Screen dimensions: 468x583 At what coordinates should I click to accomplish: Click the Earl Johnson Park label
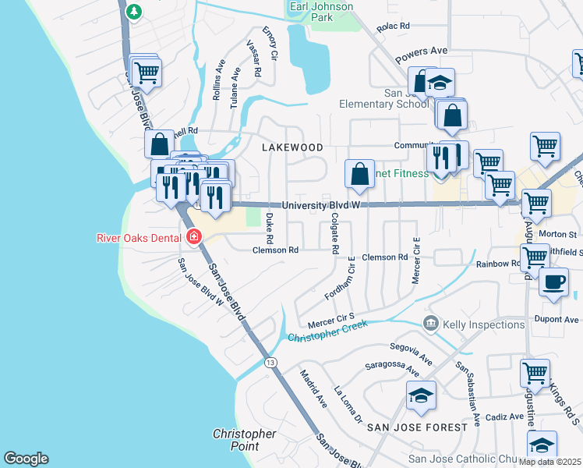click(321, 12)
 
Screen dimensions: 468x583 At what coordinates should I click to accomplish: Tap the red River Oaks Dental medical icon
click(193, 237)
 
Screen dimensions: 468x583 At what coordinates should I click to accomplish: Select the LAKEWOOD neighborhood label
click(292, 147)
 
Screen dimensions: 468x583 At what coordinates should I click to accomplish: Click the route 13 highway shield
click(270, 362)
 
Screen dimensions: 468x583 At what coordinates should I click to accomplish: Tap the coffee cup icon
click(553, 283)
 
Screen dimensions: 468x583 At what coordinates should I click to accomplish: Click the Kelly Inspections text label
click(483, 324)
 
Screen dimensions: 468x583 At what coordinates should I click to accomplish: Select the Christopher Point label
click(244, 440)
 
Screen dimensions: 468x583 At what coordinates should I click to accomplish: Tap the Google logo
click(26, 459)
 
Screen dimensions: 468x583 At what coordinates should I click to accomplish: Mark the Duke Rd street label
click(270, 227)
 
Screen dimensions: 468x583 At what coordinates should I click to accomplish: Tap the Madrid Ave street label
click(314, 388)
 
